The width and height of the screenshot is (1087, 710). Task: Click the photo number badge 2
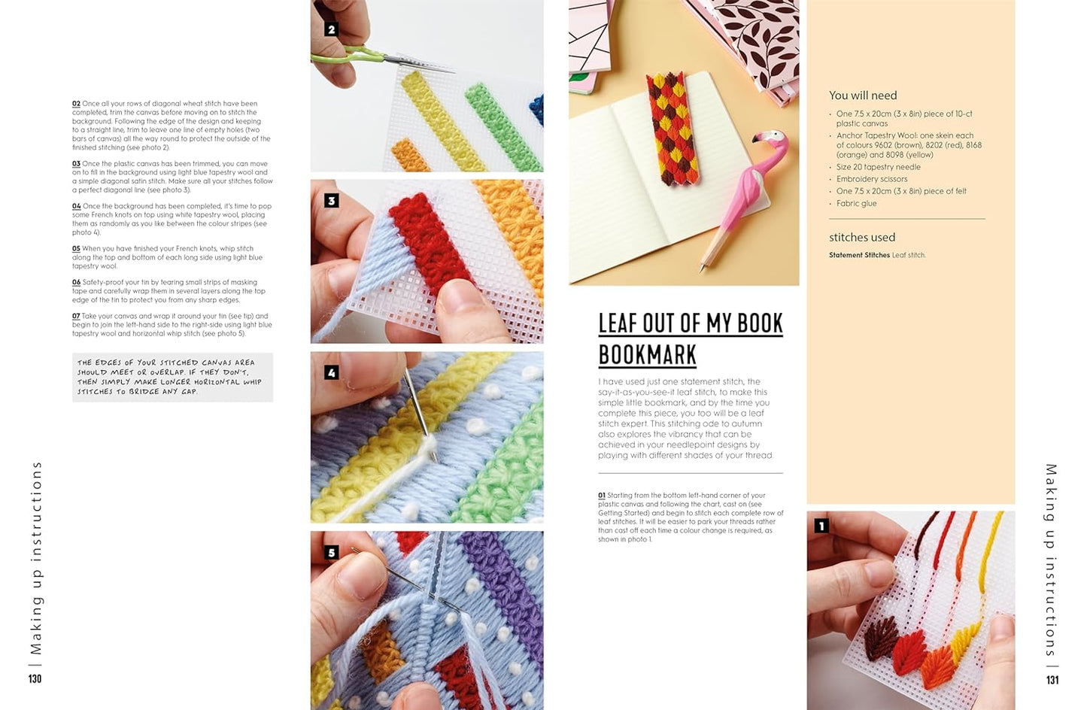pyautogui.click(x=332, y=29)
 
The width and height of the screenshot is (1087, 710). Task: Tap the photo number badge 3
pyautogui.click(x=332, y=201)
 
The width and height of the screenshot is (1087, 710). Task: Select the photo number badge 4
pyautogui.click(x=332, y=373)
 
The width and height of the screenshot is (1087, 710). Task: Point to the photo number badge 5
pyautogui.click(x=332, y=552)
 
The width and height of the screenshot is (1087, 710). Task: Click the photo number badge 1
pyautogui.click(x=821, y=526)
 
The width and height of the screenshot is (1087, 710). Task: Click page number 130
pyautogui.click(x=35, y=679)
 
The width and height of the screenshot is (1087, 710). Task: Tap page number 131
pyautogui.click(x=1052, y=680)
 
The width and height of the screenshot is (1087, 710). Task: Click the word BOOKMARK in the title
pyautogui.click(x=648, y=355)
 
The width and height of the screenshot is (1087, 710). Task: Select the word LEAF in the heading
pyautogui.click(x=618, y=323)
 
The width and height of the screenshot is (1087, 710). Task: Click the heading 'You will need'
pyautogui.click(x=863, y=96)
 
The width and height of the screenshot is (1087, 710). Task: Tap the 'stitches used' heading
pyautogui.click(x=862, y=238)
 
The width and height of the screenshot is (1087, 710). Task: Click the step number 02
pyautogui.click(x=76, y=104)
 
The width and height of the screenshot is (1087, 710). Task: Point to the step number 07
pyautogui.click(x=76, y=316)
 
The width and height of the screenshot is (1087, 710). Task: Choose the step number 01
pyautogui.click(x=602, y=496)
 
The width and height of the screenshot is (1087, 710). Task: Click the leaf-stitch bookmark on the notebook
pyautogui.click(x=673, y=131)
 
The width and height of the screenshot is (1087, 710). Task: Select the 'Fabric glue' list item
pyautogui.click(x=857, y=203)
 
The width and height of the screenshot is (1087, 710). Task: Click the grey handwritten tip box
pyautogui.click(x=173, y=377)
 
